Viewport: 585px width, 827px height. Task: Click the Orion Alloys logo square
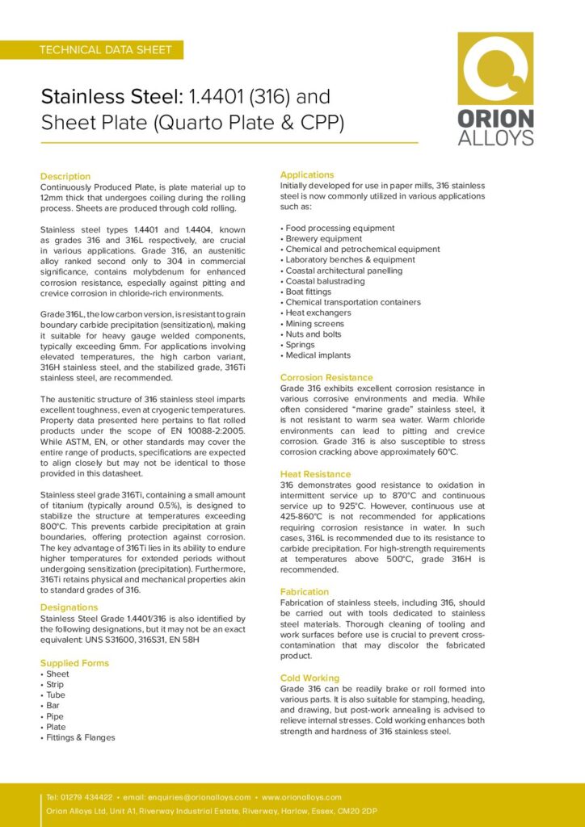[495, 69]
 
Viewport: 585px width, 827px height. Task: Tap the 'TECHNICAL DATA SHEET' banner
[106, 50]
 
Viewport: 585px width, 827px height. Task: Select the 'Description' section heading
[65, 176]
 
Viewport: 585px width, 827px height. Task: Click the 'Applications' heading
[307, 174]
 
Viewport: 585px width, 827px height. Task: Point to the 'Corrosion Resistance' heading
[326, 377]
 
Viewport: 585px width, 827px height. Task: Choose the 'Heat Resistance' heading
[315, 474]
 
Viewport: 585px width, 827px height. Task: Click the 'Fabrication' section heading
[305, 592]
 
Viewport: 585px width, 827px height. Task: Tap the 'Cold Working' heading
[309, 678]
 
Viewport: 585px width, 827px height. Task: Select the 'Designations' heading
[69, 607]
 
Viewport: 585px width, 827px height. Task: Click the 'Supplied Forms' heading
[74, 663]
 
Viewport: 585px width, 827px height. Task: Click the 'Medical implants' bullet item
[318, 355]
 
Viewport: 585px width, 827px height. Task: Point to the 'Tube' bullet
[56, 695]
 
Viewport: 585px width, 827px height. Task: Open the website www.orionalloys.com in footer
[301, 797]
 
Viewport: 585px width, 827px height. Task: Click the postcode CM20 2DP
[358, 811]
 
